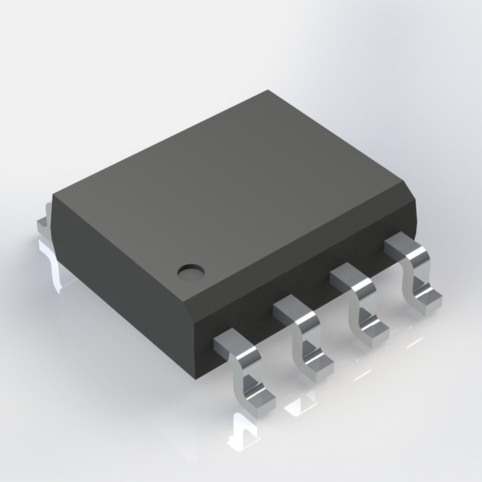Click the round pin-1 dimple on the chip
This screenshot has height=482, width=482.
pyautogui.click(x=191, y=272)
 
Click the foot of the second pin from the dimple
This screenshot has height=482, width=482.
pyautogui.click(x=319, y=366)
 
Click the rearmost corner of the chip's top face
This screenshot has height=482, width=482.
pyautogui.click(x=268, y=90)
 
